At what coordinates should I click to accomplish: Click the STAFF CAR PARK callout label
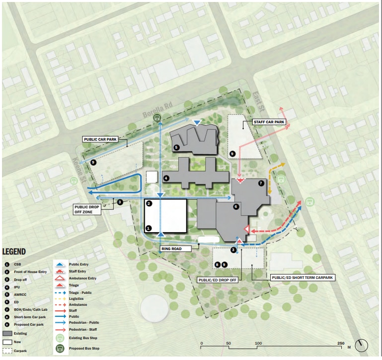tap(268, 122)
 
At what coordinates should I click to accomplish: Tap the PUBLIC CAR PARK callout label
tap(100, 139)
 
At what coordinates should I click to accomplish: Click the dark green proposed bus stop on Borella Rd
tap(157, 118)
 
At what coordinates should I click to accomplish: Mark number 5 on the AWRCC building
tap(176, 147)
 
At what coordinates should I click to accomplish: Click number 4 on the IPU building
tap(166, 177)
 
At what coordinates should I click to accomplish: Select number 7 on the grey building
tap(261, 183)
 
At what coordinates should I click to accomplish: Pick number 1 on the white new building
tap(148, 228)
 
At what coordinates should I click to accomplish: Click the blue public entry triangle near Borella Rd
tap(198, 122)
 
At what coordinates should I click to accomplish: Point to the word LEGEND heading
tap(14, 252)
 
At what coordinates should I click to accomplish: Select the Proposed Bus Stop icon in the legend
tap(61, 348)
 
